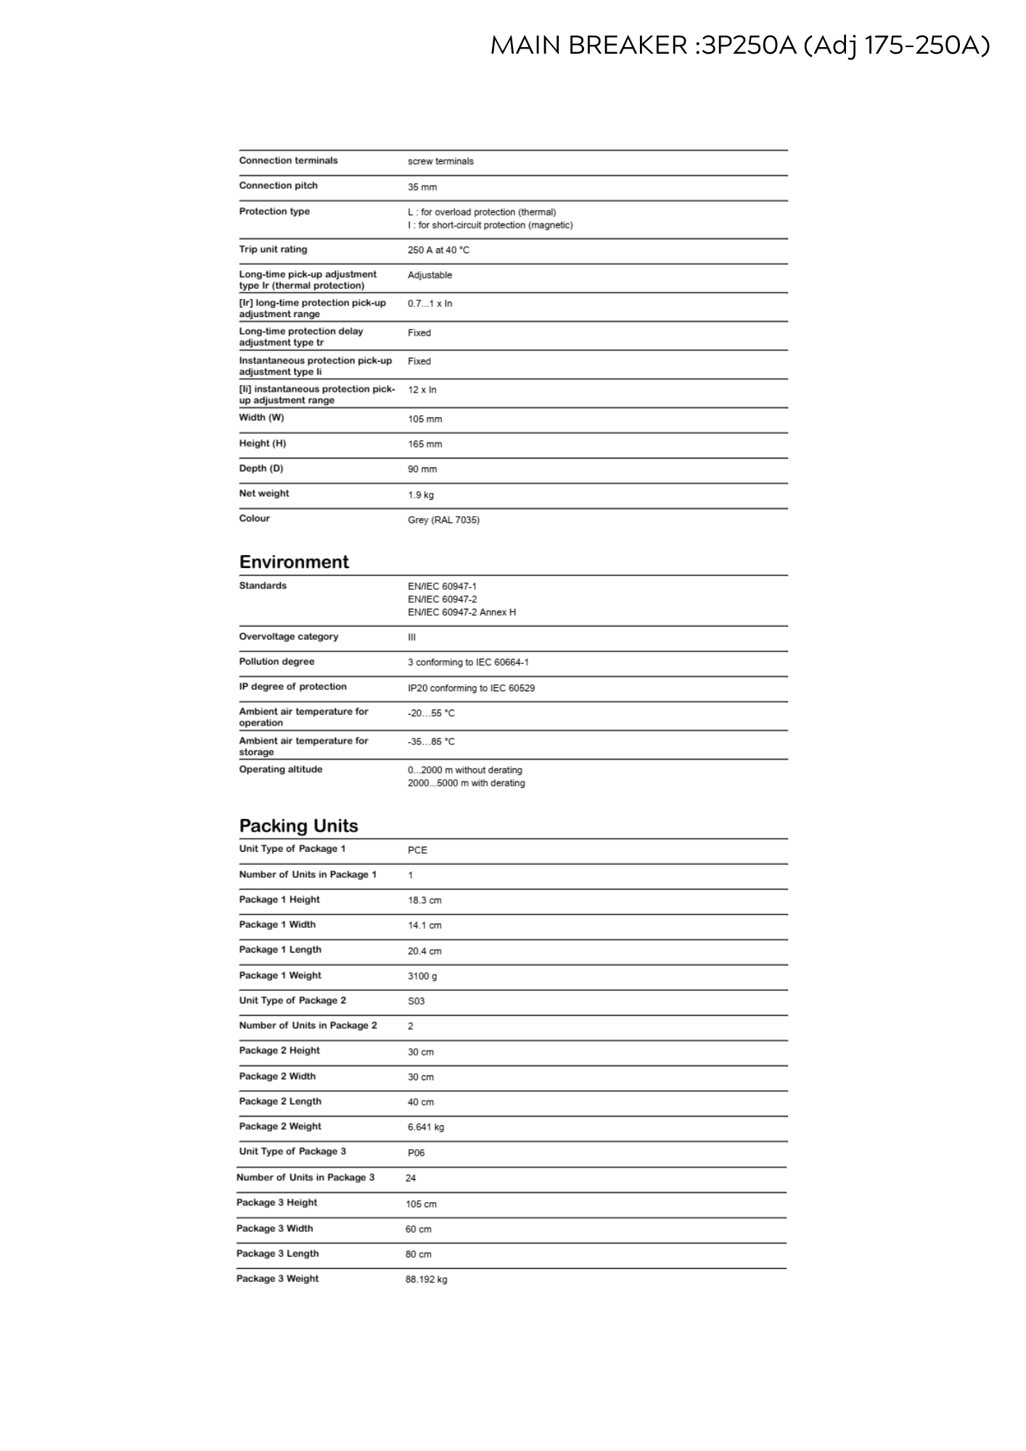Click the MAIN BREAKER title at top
pos(739,46)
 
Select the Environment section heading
pos(294,562)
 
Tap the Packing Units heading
pos(298,826)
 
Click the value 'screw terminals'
pos(440,161)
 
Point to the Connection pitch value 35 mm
pos(422,187)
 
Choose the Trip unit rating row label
pos(273,250)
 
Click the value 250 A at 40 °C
pos(438,250)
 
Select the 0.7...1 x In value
pos(430,303)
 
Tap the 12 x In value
pos(422,390)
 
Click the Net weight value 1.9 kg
pos(421,495)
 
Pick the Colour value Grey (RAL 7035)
pos(443,520)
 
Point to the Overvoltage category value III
pos(411,637)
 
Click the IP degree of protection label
pos(292,686)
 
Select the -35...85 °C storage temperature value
pos(431,741)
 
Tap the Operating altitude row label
pos(281,769)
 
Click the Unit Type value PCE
pos(417,850)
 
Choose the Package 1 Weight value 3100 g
pos(422,977)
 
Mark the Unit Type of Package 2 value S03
pos(416,1001)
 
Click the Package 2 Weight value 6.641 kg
pos(426,1127)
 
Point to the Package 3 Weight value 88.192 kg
pos(426,1279)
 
